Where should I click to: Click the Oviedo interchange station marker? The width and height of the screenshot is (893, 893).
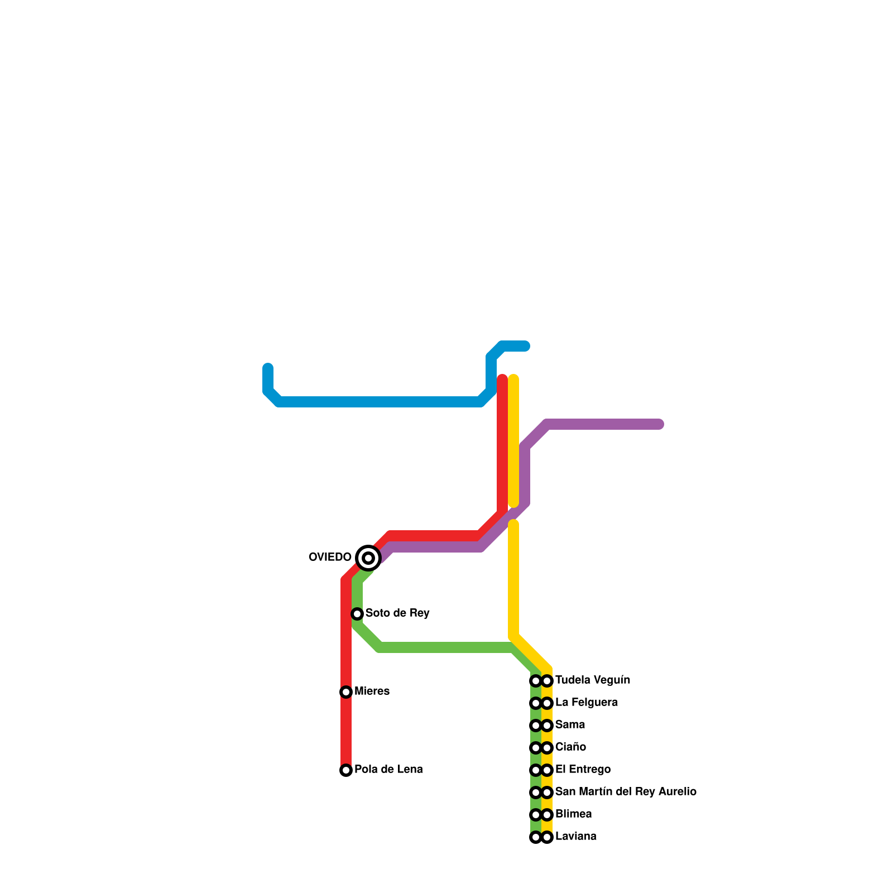click(368, 558)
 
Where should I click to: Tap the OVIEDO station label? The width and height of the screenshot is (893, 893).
click(330, 557)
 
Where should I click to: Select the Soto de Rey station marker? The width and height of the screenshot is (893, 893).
click(357, 614)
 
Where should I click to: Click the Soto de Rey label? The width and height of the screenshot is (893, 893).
click(397, 613)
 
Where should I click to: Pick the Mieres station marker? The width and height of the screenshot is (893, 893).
click(346, 692)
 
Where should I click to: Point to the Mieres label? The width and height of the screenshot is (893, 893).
click(372, 691)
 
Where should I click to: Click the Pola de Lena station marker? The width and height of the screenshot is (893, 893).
click(346, 770)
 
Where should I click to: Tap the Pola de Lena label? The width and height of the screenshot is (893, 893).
click(388, 769)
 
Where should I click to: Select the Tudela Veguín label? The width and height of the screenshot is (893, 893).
click(593, 680)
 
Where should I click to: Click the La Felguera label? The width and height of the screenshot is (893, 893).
click(586, 702)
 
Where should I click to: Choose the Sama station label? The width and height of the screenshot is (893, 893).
click(570, 724)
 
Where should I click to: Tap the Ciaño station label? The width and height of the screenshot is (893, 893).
click(570, 747)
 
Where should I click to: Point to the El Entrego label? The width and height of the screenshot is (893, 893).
click(583, 769)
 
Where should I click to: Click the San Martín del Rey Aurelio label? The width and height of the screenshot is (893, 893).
click(626, 791)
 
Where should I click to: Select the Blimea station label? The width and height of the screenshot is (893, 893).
click(573, 814)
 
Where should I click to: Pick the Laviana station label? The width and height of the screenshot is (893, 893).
click(575, 836)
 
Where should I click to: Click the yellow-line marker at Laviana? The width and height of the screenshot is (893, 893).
click(548, 837)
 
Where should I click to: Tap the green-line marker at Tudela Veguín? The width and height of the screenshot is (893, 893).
click(536, 681)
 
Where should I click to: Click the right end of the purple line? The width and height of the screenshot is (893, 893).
click(660, 425)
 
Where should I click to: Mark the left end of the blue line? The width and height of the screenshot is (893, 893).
click(268, 368)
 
